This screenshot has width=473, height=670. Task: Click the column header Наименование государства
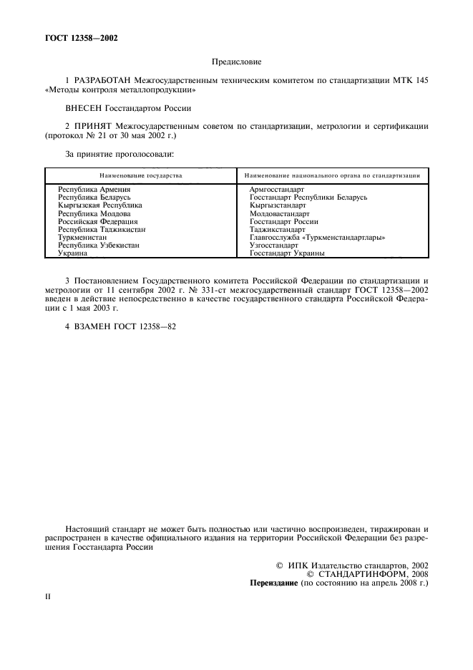click(141, 175)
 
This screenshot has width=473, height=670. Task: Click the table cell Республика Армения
click(94, 189)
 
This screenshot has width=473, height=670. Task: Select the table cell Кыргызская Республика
click(100, 205)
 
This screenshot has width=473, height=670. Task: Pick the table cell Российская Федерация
click(98, 221)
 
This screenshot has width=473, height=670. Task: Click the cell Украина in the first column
click(73, 253)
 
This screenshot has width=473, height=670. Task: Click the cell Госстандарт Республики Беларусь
click(308, 197)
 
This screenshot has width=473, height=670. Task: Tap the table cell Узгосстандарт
click(274, 245)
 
